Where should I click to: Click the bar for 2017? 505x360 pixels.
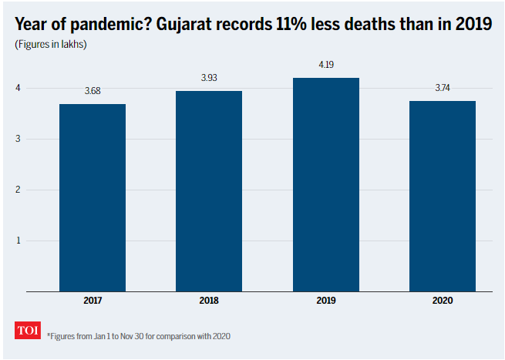point(93,197)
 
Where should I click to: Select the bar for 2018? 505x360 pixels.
point(209,191)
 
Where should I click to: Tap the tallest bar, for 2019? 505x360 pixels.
point(326,184)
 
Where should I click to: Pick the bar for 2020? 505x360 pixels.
point(443,196)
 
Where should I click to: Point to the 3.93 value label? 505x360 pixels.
point(209,79)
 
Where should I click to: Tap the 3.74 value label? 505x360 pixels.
point(443,89)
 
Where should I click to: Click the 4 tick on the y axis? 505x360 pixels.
point(19,88)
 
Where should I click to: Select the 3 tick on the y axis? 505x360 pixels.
point(19,139)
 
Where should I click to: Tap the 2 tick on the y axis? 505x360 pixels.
point(19,190)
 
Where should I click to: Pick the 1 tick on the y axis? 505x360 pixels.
point(19,241)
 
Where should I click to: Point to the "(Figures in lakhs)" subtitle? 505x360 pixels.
point(50,44)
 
